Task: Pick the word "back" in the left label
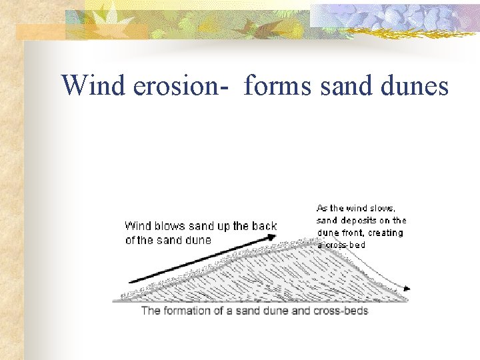(x=264, y=226)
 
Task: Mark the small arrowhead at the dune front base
(x=406, y=289)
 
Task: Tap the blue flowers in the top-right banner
(x=393, y=17)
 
